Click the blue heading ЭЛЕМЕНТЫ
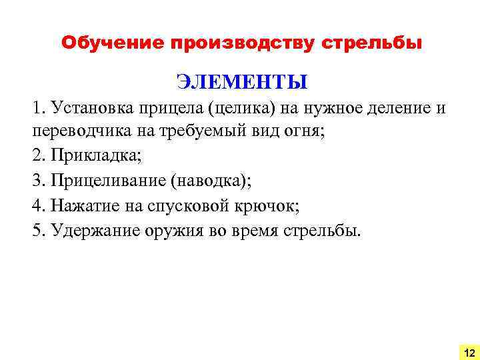coord(242,82)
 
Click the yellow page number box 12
coord(469,351)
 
